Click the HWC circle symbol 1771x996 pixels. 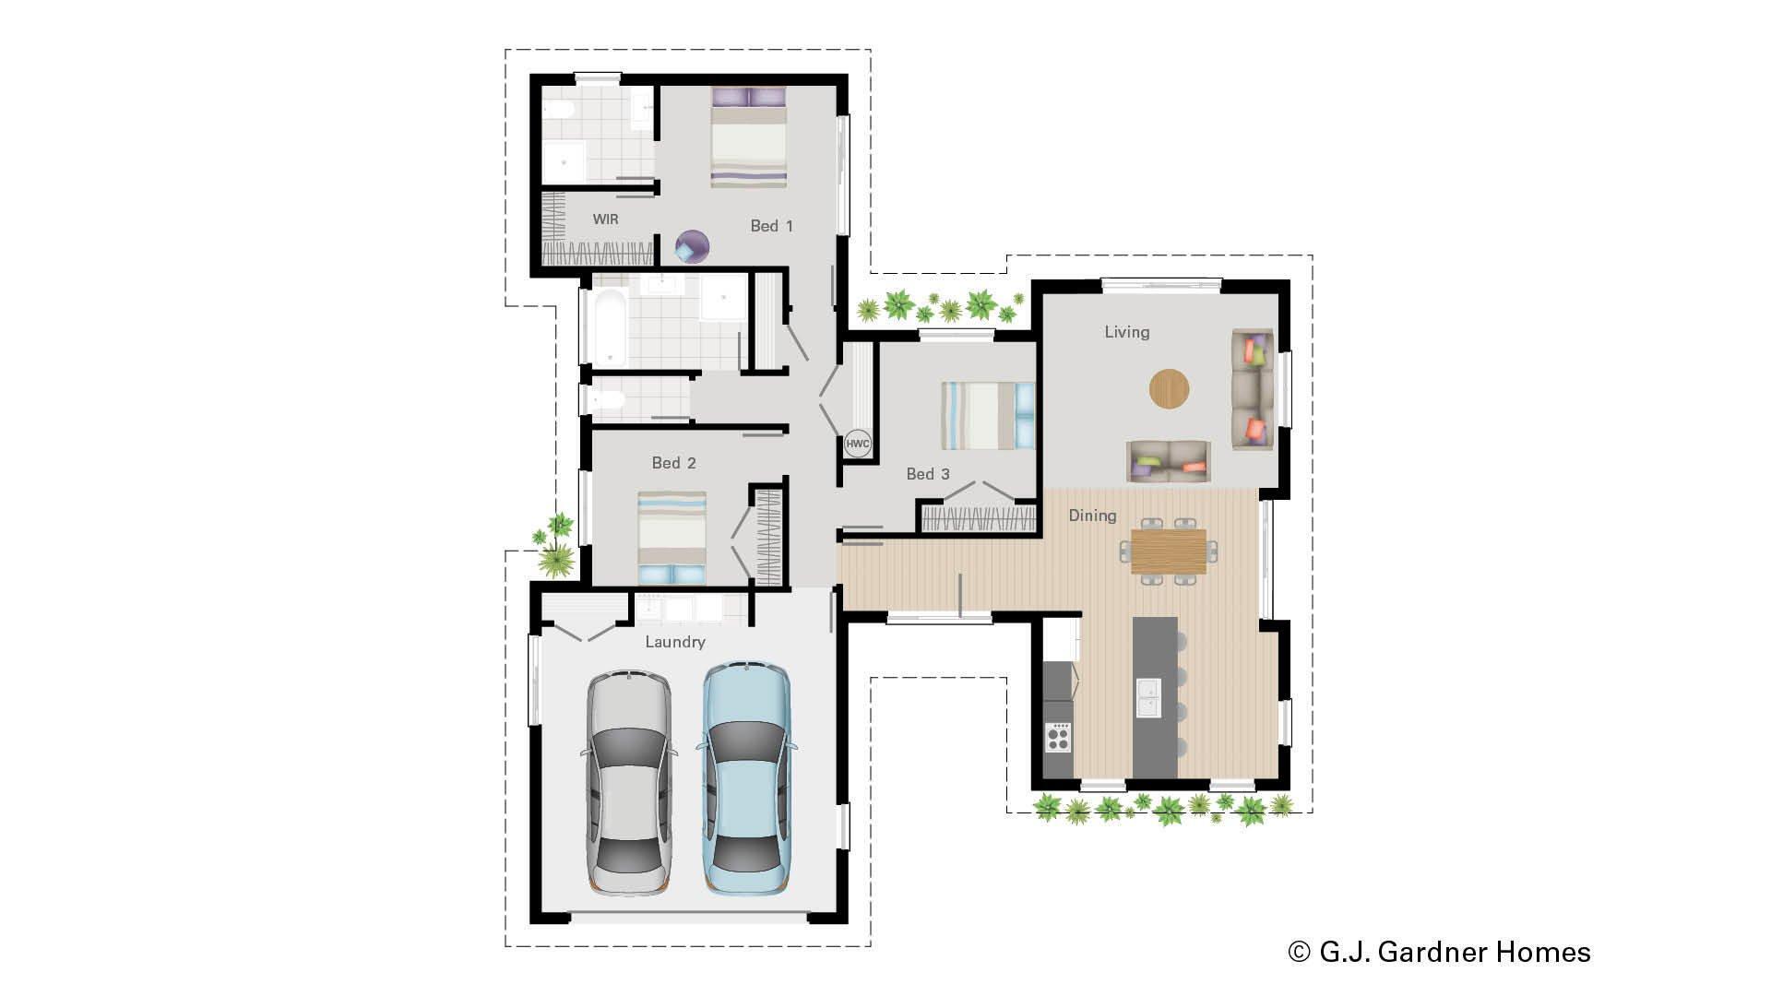[x=857, y=444]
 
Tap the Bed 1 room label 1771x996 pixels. [x=771, y=226]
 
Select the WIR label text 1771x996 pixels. [x=605, y=219]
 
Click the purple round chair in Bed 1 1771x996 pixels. [x=692, y=247]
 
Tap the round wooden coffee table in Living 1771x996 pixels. [x=1169, y=388]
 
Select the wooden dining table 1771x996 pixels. [x=1168, y=551]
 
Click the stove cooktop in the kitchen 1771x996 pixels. [x=1058, y=737]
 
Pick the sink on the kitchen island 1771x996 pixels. [x=1148, y=697]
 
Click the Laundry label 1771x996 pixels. [x=674, y=642]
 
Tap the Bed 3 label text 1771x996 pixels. [x=927, y=474]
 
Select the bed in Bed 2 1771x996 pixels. [x=672, y=538]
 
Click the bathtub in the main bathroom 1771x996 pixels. [x=610, y=326]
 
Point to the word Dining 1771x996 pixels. [x=1092, y=516]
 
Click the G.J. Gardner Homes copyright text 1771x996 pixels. [x=1439, y=952]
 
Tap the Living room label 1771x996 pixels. [x=1126, y=332]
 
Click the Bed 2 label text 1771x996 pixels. [x=673, y=463]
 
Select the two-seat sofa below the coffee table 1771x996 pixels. [x=1168, y=460]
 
